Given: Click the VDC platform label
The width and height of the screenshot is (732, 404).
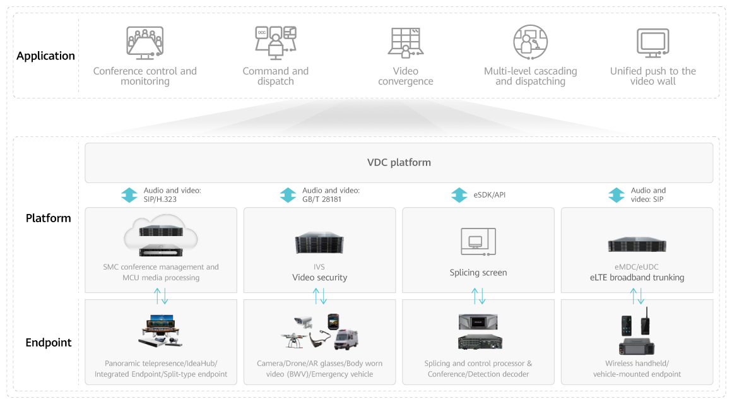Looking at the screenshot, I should pyautogui.click(x=399, y=162).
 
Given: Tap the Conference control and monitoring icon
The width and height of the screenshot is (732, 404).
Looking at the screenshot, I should pyautogui.click(x=145, y=44).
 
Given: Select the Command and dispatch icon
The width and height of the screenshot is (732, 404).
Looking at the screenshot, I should pyautogui.click(x=275, y=44).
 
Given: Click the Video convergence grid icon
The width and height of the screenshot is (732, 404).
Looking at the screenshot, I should pyautogui.click(x=405, y=44).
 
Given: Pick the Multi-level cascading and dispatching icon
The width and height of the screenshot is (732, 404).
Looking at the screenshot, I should pyautogui.click(x=530, y=43).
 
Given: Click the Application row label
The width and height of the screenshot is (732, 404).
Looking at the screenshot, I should pyautogui.click(x=45, y=56).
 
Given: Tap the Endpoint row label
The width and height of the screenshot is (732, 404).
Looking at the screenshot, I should pyautogui.click(x=49, y=343).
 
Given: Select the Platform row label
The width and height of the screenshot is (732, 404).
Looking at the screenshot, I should pyautogui.click(x=49, y=218).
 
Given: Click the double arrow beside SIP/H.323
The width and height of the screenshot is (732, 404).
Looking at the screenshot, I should pyautogui.click(x=129, y=195).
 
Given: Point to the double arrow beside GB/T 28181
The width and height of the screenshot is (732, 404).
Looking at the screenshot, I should pyautogui.click(x=288, y=195).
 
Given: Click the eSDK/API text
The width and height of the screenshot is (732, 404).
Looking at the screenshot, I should pyautogui.click(x=490, y=195).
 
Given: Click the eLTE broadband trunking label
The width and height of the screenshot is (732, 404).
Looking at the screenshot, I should pyautogui.click(x=637, y=277).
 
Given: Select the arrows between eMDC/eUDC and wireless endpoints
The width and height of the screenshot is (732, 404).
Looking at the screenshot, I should pyautogui.click(x=637, y=295).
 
